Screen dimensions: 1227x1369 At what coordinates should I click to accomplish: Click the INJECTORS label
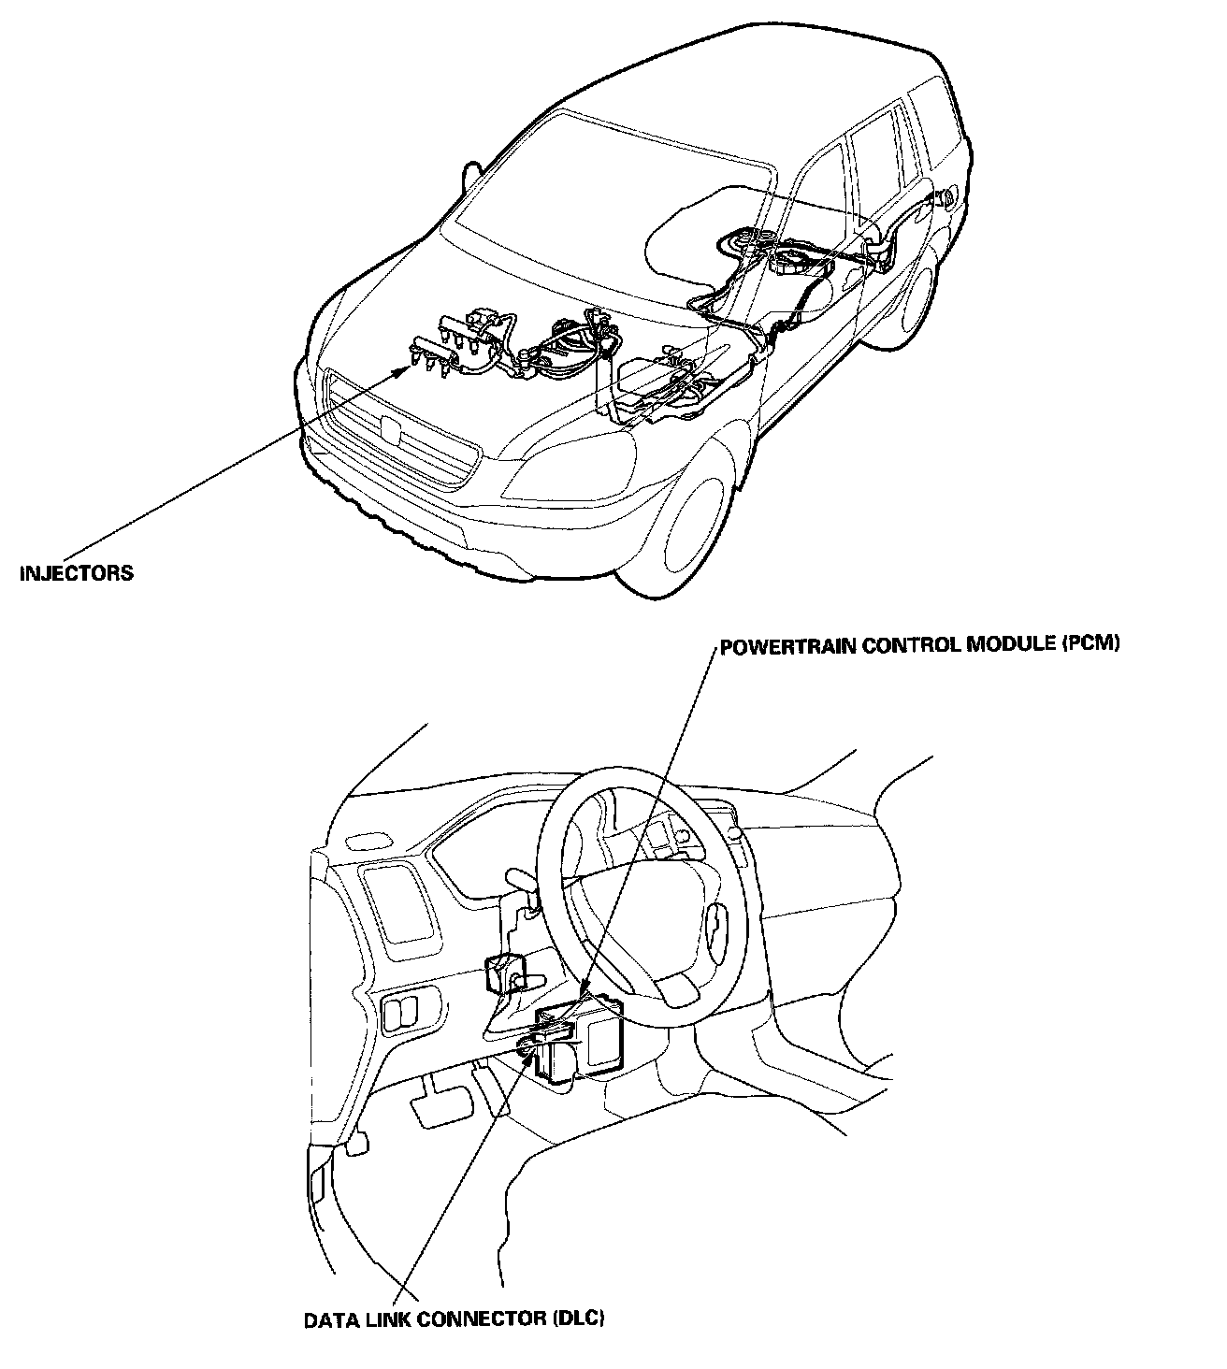(x=77, y=573)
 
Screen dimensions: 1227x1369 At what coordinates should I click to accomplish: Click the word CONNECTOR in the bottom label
(x=482, y=1319)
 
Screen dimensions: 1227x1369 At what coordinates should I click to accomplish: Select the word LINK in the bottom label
(x=386, y=1319)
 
